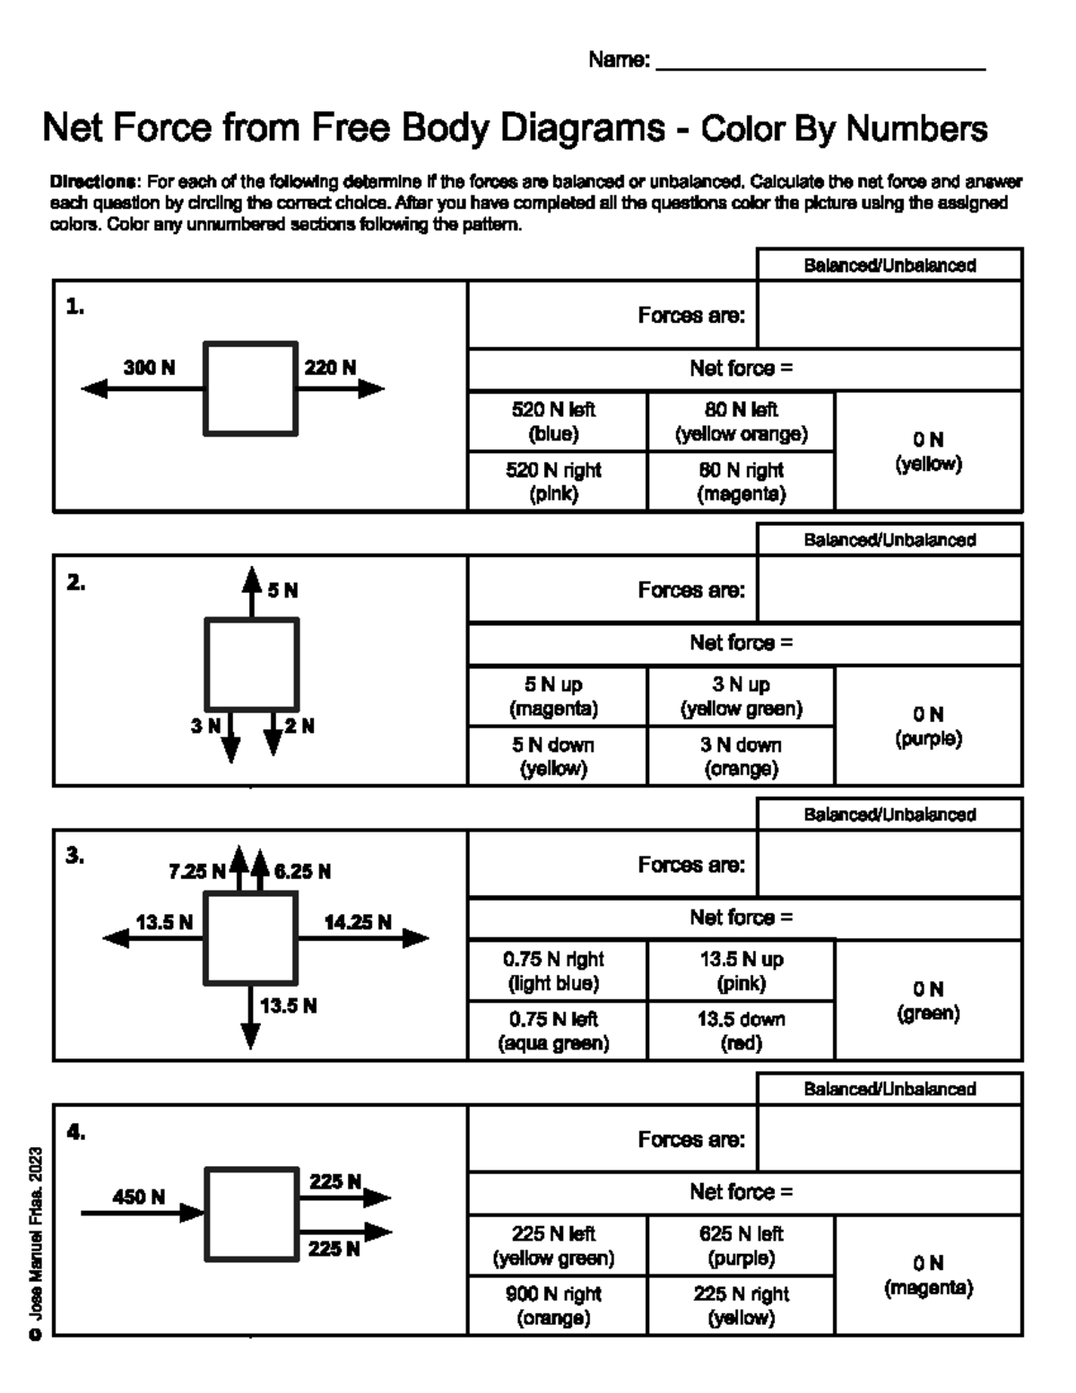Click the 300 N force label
coord(150,367)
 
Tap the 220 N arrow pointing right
coord(341,388)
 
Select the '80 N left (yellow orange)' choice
coord(741,422)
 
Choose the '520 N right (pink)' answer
coord(553,482)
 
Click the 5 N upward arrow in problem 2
coord(251,592)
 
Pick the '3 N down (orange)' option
coord(741,756)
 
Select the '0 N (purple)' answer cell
coord(928,726)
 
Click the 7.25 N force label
coord(197,871)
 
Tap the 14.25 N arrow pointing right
coord(363,938)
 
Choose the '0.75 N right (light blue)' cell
coord(553,971)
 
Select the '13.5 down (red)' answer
coord(741,1031)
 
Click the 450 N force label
coord(138,1197)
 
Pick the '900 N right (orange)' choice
coord(553,1305)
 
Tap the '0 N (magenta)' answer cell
coord(928,1275)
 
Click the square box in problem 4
coord(251,1213)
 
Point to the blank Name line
coord(820,61)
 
